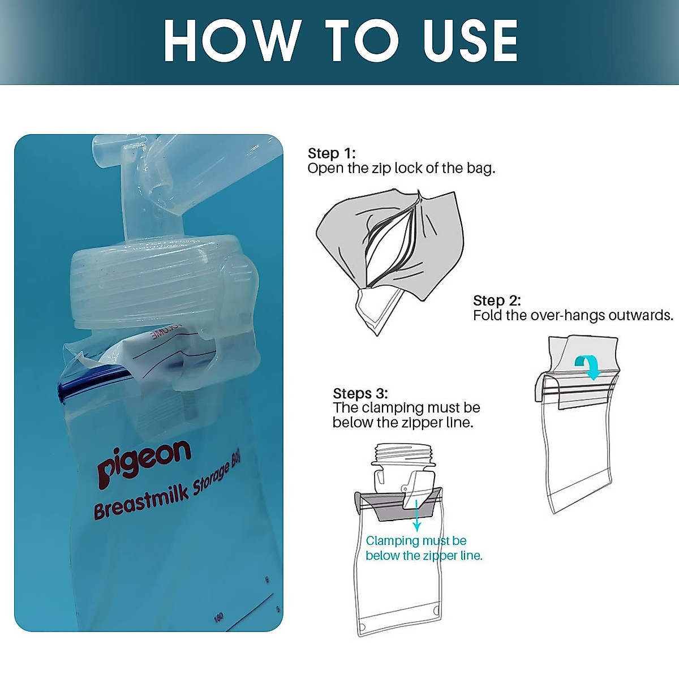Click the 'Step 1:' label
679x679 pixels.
(332, 153)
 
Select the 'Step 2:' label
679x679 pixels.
(497, 300)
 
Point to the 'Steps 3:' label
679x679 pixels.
(360, 393)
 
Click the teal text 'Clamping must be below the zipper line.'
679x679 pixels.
(423, 548)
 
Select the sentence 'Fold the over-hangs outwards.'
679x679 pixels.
(573, 315)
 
